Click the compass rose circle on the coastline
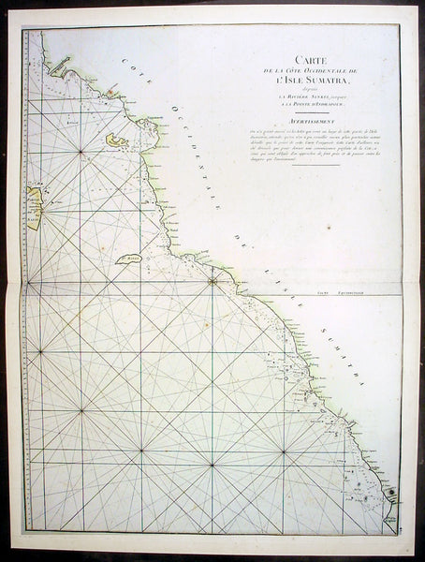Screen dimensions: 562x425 pyautogui.click(x=212, y=279)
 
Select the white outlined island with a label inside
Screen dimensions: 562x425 pyautogui.click(x=129, y=259)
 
